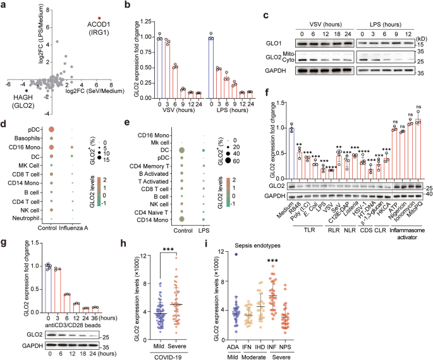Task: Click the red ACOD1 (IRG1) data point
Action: click(99, 18)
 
